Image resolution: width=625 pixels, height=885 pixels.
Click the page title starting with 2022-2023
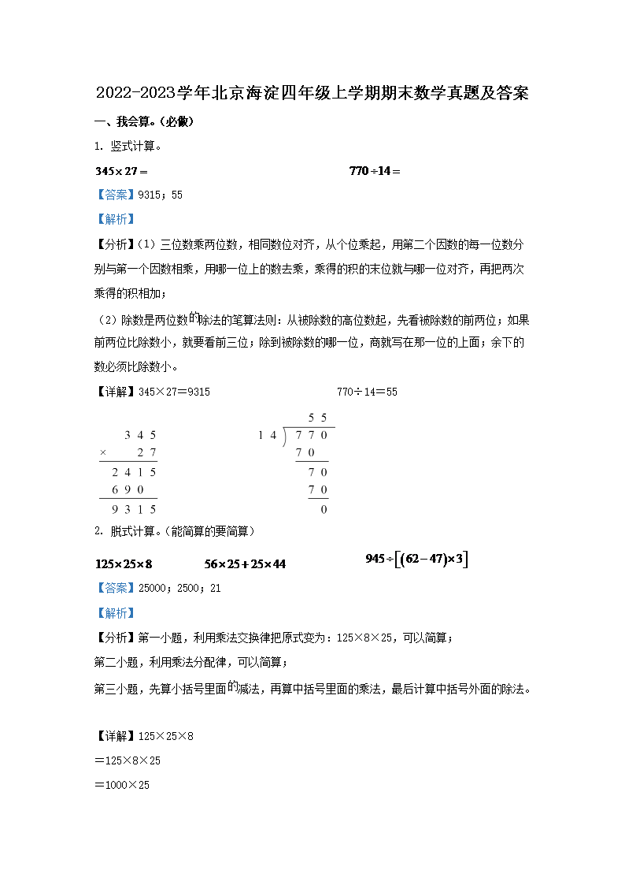point(312,93)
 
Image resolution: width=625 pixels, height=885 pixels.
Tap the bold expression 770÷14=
point(375,171)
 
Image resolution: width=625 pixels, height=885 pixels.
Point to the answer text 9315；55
point(160,195)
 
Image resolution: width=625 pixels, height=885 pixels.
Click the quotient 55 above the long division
point(317,417)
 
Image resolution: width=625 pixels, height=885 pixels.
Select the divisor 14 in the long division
point(268,435)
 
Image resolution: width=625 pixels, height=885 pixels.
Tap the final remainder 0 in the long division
point(324,509)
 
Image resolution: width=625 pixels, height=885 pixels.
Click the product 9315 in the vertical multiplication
point(134,509)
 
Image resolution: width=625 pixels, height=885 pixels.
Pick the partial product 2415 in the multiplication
point(134,472)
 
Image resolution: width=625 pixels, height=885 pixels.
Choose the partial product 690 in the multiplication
point(126,490)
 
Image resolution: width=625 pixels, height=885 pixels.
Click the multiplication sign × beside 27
point(103,453)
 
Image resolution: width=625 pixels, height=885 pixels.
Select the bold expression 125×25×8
point(123,564)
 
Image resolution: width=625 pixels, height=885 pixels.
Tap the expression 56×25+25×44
point(245,564)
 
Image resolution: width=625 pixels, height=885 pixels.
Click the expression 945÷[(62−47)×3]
point(416,560)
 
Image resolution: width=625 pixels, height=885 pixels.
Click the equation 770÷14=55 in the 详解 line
point(367,392)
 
